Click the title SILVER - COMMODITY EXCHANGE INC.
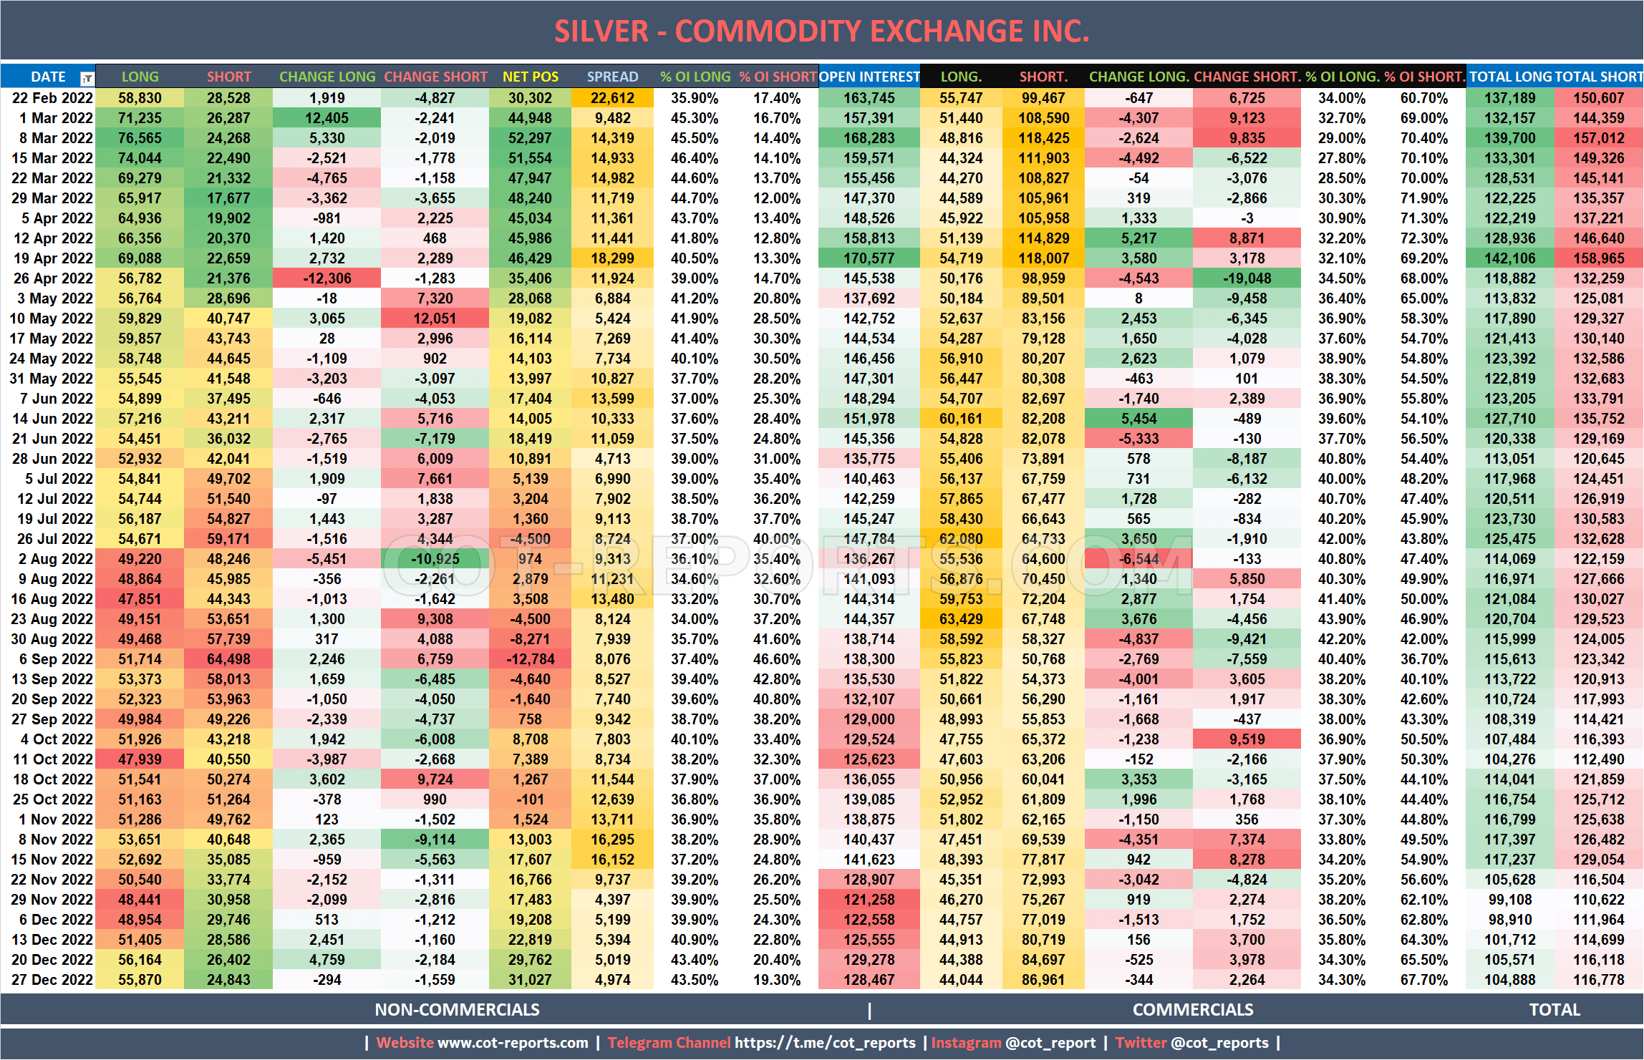[x=821, y=31]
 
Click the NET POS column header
[x=530, y=77]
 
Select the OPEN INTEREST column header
[x=869, y=77]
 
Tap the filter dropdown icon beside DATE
[x=87, y=78]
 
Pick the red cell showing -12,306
[x=327, y=278]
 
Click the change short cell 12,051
[x=435, y=319]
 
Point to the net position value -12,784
[x=530, y=659]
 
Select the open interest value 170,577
[x=869, y=258]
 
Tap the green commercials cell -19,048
[x=1247, y=278]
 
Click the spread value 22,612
[x=612, y=98]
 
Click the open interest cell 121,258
[x=869, y=900]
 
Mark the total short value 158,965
[x=1599, y=258]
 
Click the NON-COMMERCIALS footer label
[x=457, y=1010]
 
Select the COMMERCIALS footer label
[x=1192, y=1010]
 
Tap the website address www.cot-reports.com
[x=513, y=1043]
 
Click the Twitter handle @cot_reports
[x=1219, y=1043]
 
